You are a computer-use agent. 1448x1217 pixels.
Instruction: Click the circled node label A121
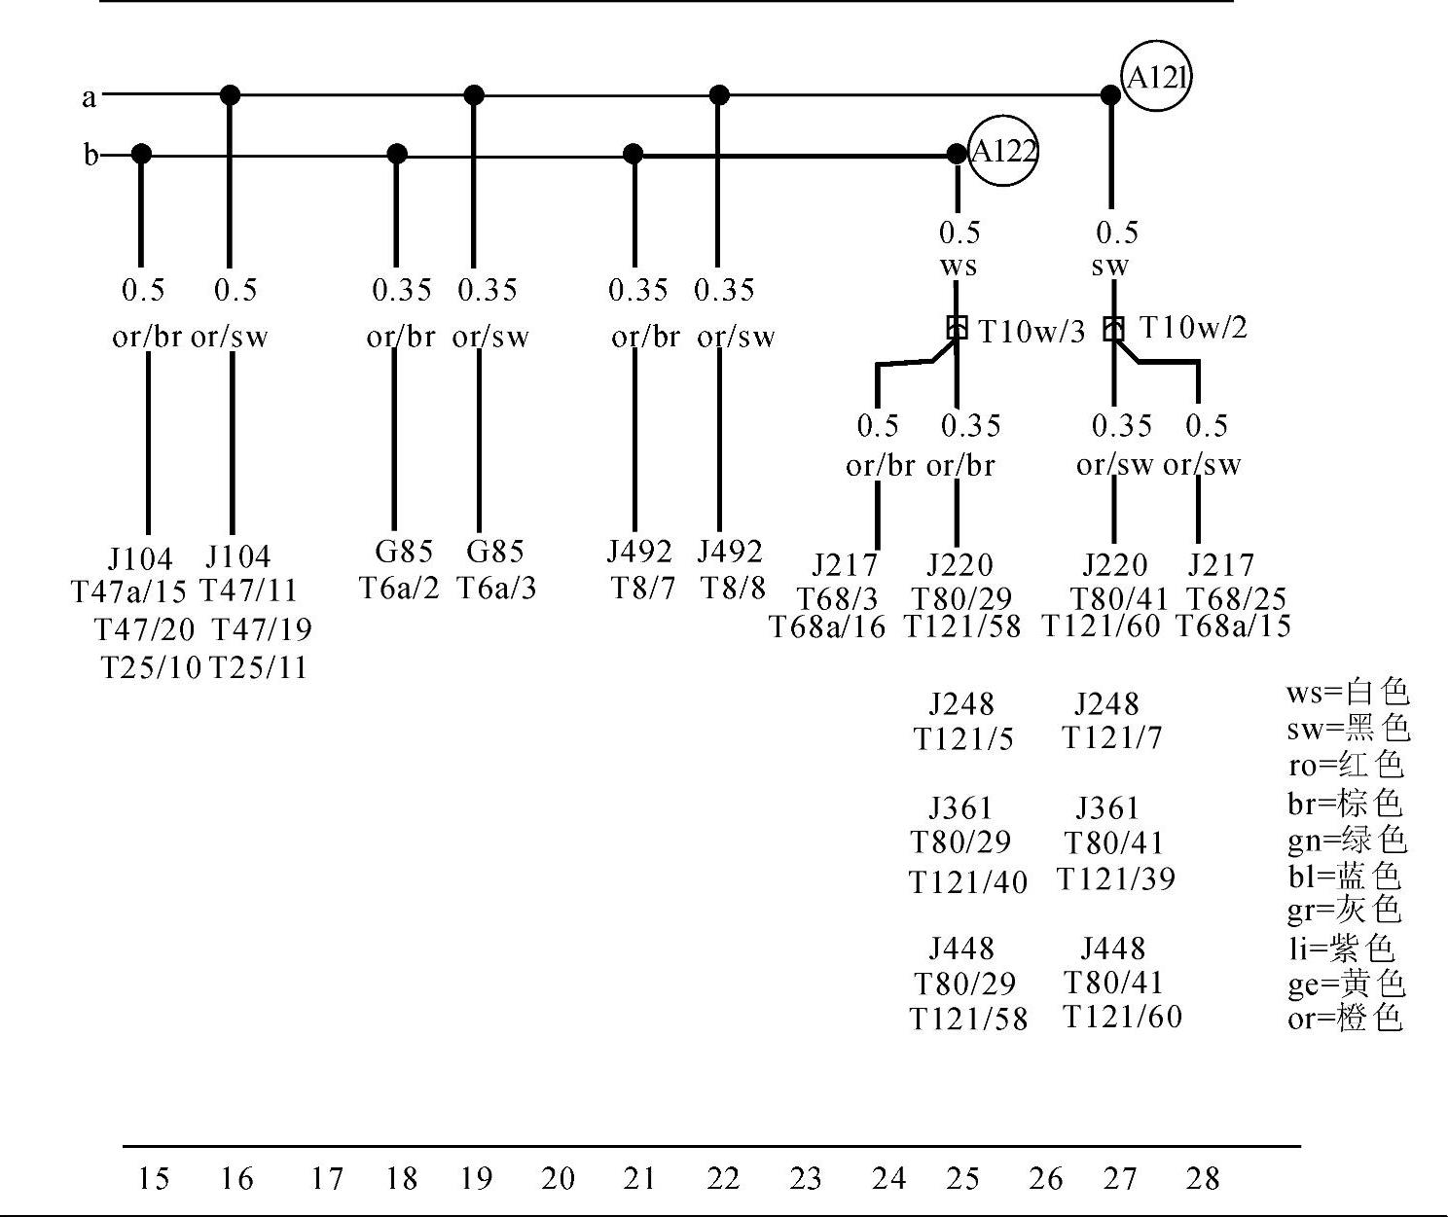[1156, 77]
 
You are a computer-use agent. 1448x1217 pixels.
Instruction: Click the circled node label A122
[1003, 152]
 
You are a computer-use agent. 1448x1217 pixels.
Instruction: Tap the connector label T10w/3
[1032, 332]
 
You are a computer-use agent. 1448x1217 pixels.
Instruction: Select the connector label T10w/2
[1193, 327]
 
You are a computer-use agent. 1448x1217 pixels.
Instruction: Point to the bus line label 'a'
[90, 97]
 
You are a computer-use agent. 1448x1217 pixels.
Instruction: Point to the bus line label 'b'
[90, 156]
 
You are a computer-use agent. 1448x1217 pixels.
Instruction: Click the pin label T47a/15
[129, 591]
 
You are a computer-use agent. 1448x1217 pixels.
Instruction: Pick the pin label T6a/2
[400, 588]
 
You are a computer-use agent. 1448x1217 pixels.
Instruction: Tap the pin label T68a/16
[828, 627]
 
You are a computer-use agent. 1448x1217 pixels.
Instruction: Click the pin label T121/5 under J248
[963, 739]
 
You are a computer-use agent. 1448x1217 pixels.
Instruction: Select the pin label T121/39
[1116, 879]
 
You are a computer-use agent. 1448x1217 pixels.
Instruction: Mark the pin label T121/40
[968, 882]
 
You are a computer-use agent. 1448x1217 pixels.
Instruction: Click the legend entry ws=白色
[1347, 693]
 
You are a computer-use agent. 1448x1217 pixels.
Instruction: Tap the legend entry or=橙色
[1345, 1019]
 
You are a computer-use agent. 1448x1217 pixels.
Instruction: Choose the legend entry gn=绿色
[1347, 840]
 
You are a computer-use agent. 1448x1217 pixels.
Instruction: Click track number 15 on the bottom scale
[153, 1179]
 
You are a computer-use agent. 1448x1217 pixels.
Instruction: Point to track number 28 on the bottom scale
[1203, 1179]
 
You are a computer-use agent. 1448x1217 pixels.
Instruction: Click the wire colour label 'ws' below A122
[959, 266]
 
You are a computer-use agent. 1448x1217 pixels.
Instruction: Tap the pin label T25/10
[152, 667]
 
